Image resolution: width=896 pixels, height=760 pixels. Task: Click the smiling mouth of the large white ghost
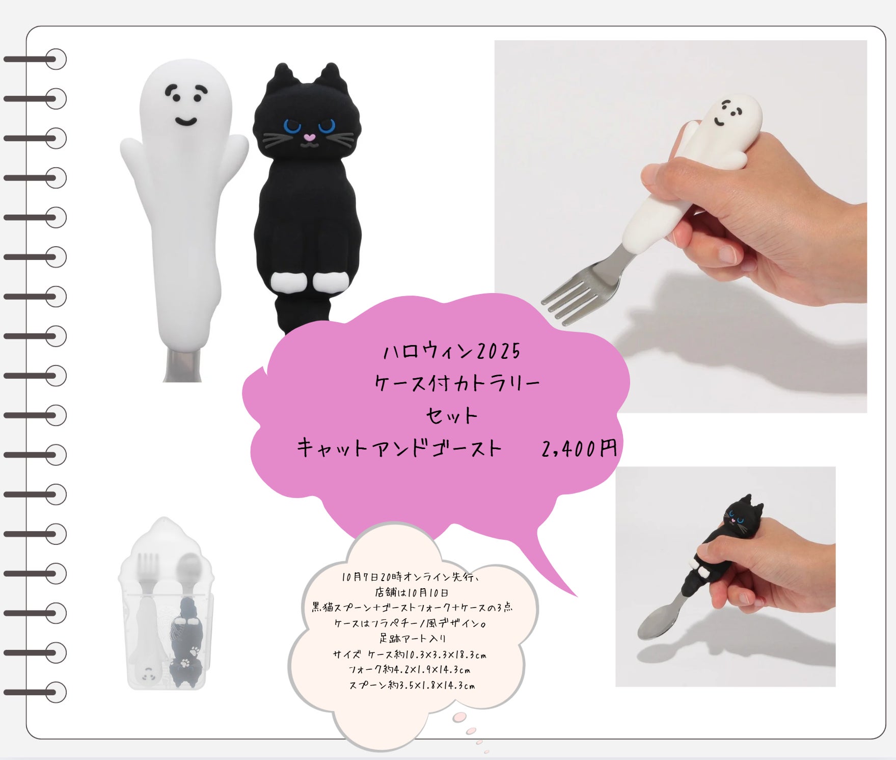186,121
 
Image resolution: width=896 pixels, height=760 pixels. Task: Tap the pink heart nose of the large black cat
309,138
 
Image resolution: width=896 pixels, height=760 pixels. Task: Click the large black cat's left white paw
283,281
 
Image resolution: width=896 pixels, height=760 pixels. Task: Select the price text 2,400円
579,449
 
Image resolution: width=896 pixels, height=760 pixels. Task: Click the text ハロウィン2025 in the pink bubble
452,351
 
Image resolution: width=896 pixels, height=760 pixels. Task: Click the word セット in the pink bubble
451,416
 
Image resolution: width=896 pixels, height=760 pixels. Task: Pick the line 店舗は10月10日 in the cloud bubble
412,593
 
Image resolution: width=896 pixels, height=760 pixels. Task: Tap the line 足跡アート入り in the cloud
413,638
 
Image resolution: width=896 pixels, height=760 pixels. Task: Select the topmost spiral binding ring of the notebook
56,59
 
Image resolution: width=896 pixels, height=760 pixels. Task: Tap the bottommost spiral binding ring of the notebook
56,692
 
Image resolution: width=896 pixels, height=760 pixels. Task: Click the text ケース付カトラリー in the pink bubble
457,383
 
